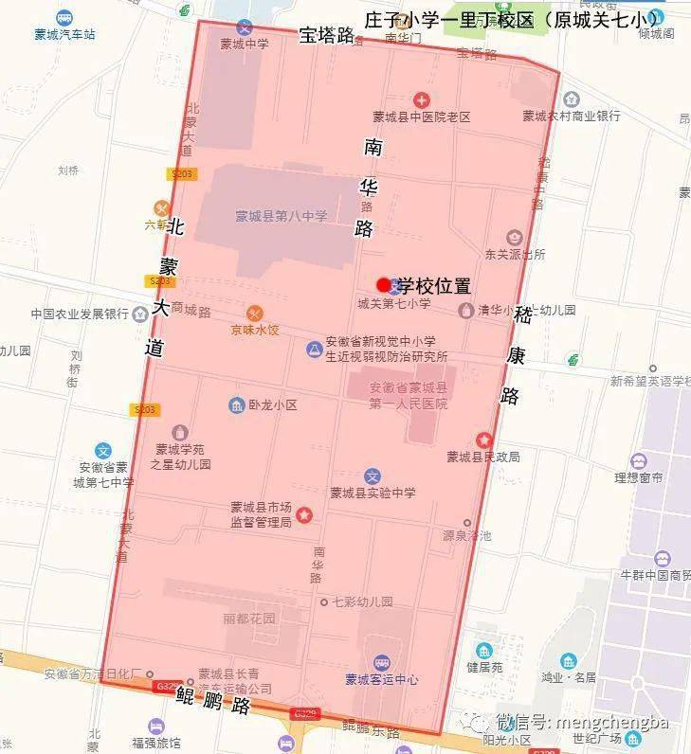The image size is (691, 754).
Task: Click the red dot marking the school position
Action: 383,284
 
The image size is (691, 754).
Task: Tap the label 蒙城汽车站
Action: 64,34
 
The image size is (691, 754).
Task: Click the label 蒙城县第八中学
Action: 282,216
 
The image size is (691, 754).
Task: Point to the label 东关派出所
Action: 515,254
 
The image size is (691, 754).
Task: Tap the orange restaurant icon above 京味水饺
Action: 254,314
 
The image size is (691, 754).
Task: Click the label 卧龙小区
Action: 273,404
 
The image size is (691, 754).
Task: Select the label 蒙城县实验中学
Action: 373,493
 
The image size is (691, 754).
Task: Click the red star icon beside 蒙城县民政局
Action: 484,440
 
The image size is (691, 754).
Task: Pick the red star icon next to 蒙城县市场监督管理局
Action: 304,514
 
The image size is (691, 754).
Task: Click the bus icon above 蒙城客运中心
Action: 381,662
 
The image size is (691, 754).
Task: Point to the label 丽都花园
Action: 248,619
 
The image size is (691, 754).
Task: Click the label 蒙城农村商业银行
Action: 572,116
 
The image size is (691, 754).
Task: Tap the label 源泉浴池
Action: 466,535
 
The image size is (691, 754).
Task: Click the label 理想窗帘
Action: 638,478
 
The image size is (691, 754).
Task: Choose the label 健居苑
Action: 484,666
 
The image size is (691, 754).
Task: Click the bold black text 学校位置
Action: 434,285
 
